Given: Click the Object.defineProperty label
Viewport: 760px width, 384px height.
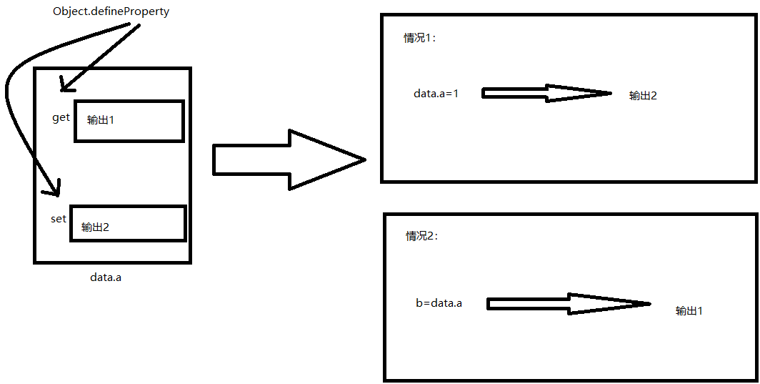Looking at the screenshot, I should pyautogui.click(x=111, y=12).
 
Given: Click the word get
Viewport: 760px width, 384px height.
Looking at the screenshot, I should pyautogui.click(x=61, y=117).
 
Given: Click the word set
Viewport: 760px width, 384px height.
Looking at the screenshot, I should pyautogui.click(x=59, y=219).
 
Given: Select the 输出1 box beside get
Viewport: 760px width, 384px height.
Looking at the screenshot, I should pyautogui.click(x=129, y=121).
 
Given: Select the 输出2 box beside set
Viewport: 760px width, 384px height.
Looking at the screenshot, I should pyautogui.click(x=128, y=224).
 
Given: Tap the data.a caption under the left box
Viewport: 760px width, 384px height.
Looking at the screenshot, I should pyautogui.click(x=106, y=277).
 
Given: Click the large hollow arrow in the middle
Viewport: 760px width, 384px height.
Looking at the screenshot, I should pyautogui.click(x=286, y=159).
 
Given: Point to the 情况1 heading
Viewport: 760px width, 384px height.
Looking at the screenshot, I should pyautogui.click(x=419, y=39).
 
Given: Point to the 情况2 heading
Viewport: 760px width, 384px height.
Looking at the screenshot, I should pyautogui.click(x=421, y=237).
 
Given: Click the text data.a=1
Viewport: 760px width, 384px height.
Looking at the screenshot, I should pyautogui.click(x=436, y=94).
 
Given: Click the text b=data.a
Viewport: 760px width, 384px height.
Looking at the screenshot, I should pyautogui.click(x=439, y=303).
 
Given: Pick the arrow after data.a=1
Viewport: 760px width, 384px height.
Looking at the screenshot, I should pyautogui.click(x=546, y=93).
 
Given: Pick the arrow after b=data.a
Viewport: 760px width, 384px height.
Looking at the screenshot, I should pyautogui.click(x=568, y=304).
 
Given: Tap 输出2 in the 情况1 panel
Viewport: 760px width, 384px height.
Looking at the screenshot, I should pyautogui.click(x=643, y=96).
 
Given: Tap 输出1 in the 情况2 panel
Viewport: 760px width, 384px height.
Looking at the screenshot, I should pyautogui.click(x=689, y=311).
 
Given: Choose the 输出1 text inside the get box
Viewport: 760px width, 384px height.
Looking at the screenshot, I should pyautogui.click(x=101, y=120).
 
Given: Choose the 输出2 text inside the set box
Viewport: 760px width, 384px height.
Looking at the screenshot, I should pyautogui.click(x=95, y=227).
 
